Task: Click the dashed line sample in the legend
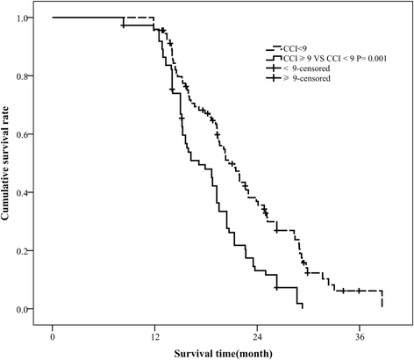tap(275, 49)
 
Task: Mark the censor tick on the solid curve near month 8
tap(123, 25)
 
